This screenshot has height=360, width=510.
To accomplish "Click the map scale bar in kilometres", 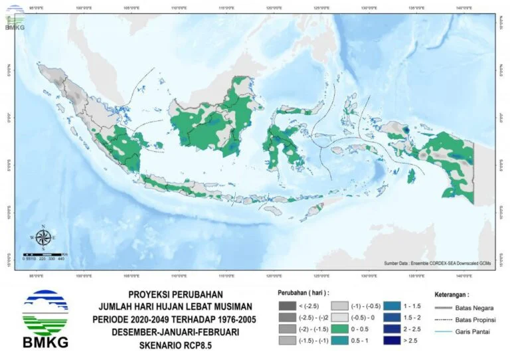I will pos(44,254).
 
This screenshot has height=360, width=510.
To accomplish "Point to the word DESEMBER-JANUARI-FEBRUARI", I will pos(175,332).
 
